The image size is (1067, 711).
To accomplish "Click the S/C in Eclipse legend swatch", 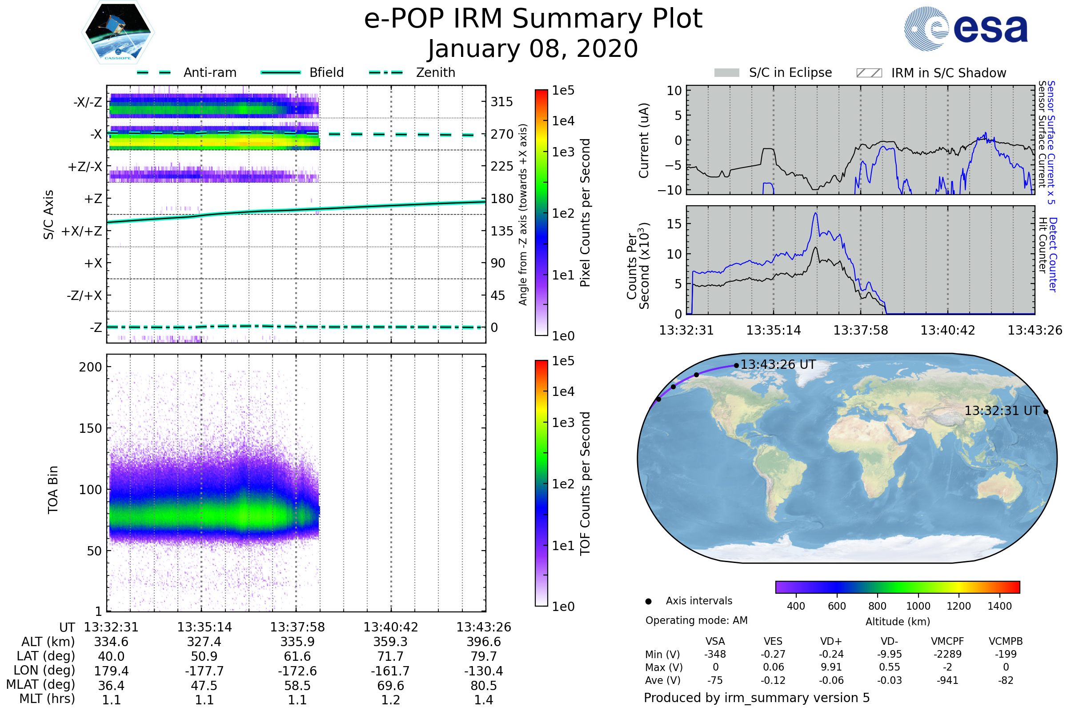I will click(x=726, y=72).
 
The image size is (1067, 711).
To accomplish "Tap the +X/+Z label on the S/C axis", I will click(x=82, y=231).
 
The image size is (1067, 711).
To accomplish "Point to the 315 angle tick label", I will click(x=501, y=102).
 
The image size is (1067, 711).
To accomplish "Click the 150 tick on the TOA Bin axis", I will click(x=90, y=428).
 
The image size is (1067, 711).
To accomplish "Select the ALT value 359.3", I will click(x=390, y=642).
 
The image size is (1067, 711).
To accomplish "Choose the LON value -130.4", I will click(x=484, y=671).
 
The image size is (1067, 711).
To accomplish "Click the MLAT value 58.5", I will click(x=297, y=686).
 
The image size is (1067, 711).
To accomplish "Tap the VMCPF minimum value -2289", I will click(x=947, y=654).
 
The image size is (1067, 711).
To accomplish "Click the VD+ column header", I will click(x=831, y=641).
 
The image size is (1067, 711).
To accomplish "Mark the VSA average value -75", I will click(x=715, y=681).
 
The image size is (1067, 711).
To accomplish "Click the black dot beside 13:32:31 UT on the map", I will click(x=1046, y=412).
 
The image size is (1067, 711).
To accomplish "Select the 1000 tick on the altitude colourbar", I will click(x=918, y=606).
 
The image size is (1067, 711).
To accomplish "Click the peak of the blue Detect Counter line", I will click(x=816, y=213).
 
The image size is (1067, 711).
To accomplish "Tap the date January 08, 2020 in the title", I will click(x=533, y=49).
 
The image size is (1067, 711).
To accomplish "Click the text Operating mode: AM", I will click(x=696, y=620).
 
